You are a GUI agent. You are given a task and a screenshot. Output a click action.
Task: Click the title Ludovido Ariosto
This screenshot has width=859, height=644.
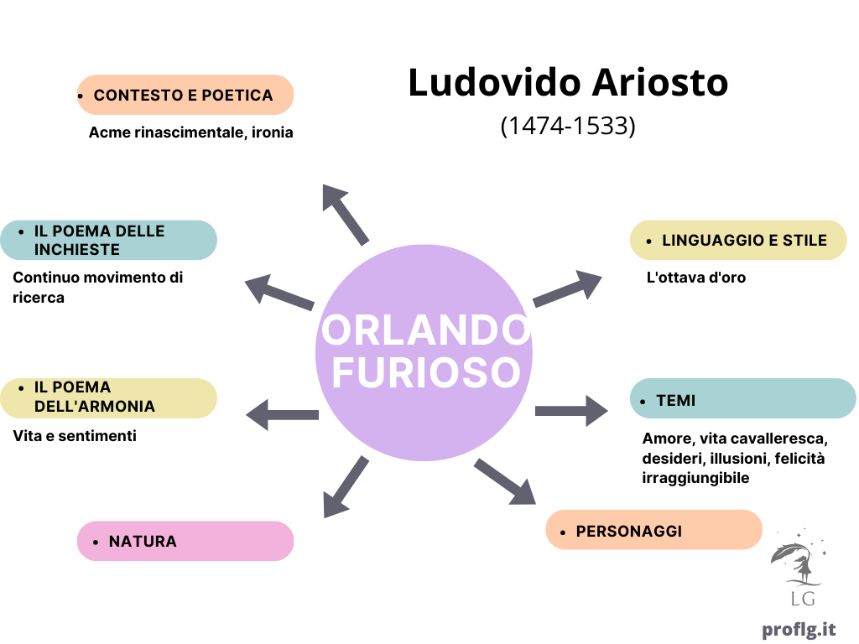pos(568,82)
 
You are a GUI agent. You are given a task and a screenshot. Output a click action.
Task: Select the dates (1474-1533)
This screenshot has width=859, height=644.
pos(568,126)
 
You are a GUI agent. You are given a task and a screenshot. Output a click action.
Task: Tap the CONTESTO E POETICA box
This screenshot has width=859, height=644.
pos(185,95)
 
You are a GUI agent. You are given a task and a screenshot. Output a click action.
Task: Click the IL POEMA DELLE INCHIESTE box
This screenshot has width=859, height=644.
pos(108,240)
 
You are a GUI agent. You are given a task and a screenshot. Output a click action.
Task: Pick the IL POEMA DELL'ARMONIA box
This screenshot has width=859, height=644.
pos(108,398)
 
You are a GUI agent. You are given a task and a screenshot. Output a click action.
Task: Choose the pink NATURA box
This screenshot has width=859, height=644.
pos(185,541)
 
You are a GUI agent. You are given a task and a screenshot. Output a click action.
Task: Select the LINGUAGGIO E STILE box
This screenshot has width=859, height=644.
pos(738,240)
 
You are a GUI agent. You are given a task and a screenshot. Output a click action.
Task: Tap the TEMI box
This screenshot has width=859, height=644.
pos(743,398)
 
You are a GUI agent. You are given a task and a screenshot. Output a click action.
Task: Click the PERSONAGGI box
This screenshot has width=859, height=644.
pos(654,530)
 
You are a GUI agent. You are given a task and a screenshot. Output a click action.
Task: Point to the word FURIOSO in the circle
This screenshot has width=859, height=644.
pos(426,372)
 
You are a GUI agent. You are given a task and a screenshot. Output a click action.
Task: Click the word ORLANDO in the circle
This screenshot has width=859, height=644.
pos(425,330)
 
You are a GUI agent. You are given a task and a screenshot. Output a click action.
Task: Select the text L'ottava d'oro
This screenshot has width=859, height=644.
pos(695,277)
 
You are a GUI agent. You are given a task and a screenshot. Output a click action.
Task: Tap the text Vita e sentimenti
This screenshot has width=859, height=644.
pos(75,436)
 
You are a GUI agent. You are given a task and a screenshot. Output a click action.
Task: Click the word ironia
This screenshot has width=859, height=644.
pos(273,132)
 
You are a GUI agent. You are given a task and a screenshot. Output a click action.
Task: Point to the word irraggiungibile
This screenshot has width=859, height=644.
pos(695,478)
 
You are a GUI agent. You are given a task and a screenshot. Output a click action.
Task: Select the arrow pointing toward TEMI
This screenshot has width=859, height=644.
pos(571,411)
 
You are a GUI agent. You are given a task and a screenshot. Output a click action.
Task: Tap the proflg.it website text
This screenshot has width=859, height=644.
pos(799,630)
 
